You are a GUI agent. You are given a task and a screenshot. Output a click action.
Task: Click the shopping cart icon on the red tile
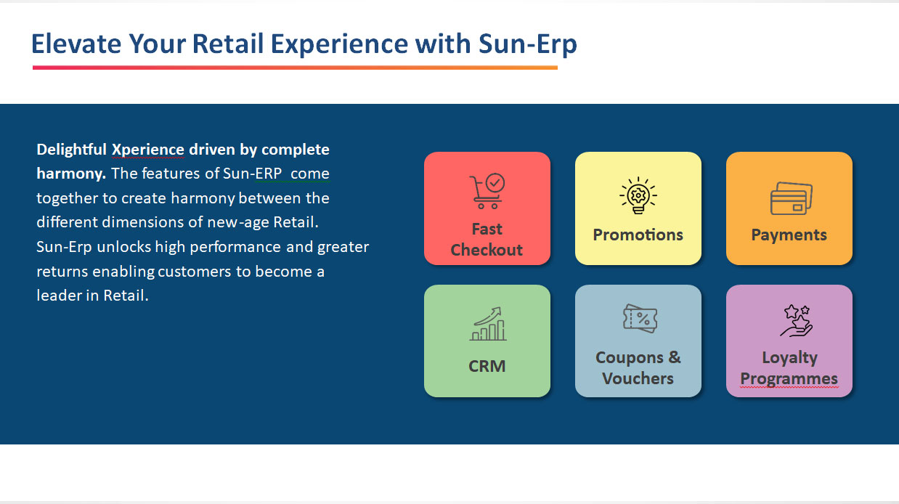pyautogui.click(x=487, y=191)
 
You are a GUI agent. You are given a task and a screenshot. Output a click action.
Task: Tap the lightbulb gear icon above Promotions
pyautogui.click(x=638, y=195)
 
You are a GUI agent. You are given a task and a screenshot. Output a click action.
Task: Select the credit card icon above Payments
pyautogui.click(x=791, y=198)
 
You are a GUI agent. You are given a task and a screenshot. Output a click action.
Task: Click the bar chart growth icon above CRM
pyautogui.click(x=488, y=324)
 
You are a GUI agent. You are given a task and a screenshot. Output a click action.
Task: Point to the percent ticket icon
pyautogui.click(x=640, y=318)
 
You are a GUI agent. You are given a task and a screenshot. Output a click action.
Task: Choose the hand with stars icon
pyautogui.click(x=797, y=320)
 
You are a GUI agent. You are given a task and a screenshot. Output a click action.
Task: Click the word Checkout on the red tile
pyautogui.click(x=487, y=250)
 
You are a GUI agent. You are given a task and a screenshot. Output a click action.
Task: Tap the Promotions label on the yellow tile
pyautogui.click(x=638, y=235)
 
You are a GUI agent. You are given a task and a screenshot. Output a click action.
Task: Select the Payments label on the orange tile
pyautogui.click(x=789, y=235)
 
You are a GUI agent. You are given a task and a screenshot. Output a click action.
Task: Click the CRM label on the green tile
pyautogui.click(x=487, y=366)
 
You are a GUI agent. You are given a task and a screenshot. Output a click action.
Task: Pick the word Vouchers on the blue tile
pyautogui.click(x=638, y=378)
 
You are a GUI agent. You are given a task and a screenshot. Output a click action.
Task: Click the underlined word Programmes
pyautogui.click(x=789, y=379)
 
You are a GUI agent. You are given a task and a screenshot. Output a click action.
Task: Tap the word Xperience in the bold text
pyautogui.click(x=147, y=150)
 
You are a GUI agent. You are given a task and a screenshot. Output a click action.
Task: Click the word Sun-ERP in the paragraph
pyautogui.click(x=253, y=174)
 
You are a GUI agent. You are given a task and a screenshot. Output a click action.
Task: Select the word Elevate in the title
pyautogui.click(x=76, y=44)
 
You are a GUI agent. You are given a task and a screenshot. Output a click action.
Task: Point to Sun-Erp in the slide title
pyautogui.click(x=528, y=44)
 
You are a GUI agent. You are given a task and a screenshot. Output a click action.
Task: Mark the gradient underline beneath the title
pyautogui.click(x=295, y=68)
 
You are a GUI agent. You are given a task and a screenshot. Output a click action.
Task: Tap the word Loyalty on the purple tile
pyautogui.click(x=789, y=358)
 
